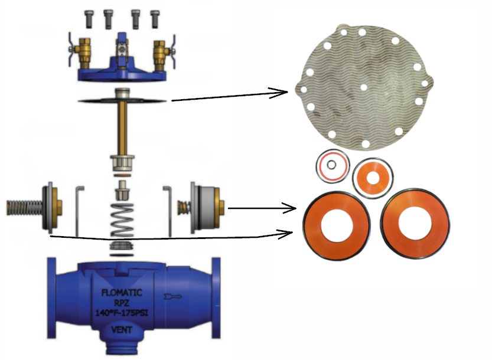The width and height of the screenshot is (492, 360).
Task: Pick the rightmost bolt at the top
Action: (x=155, y=18)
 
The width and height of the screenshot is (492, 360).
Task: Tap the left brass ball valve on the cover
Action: (x=80, y=52)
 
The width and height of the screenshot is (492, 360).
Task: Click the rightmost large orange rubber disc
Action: (x=410, y=224)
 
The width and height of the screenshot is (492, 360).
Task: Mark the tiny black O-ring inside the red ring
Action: (x=333, y=165)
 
